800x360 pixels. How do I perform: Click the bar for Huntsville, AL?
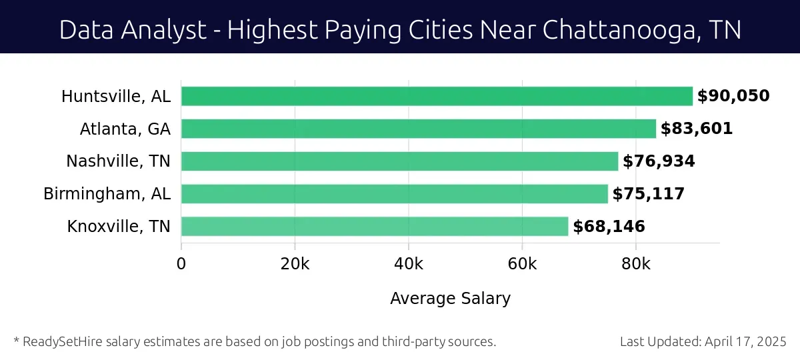point(437,96)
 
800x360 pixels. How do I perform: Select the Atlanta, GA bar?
point(419,129)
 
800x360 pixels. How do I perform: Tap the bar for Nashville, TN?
point(400,161)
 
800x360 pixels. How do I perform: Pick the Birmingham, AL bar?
point(395,194)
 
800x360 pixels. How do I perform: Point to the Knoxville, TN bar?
point(375,227)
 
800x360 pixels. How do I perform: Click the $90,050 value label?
point(733,96)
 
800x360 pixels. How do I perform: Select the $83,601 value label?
point(697,129)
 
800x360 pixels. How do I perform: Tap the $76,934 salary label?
point(659,161)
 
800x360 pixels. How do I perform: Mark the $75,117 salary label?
point(649,194)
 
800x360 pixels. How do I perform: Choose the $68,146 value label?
point(609,227)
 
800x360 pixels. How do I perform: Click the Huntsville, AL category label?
point(116,97)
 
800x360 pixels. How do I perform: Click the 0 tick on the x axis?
point(181,263)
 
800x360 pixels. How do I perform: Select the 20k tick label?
point(295,263)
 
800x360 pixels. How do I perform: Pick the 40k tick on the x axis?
point(409,263)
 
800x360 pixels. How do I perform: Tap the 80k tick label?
point(636,263)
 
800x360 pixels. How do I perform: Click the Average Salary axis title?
point(450,299)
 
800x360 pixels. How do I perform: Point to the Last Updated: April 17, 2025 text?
point(703,342)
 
